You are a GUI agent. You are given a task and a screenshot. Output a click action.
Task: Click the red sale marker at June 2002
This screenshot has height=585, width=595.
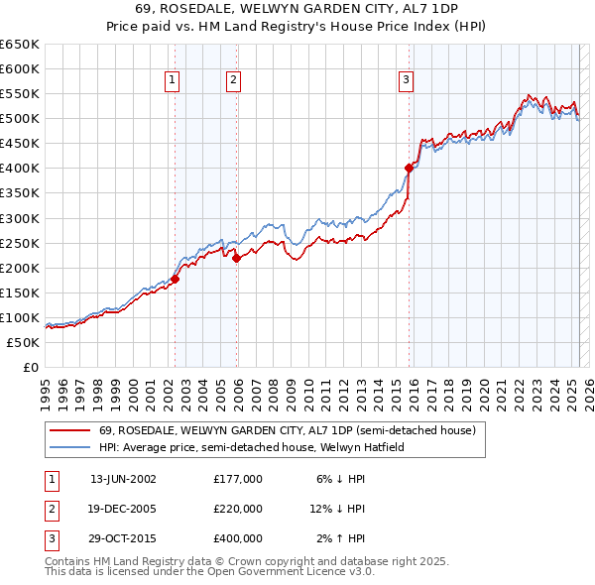pyautogui.click(x=175, y=279)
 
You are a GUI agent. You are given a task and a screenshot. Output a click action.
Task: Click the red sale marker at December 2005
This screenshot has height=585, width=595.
pyautogui.click(x=236, y=258)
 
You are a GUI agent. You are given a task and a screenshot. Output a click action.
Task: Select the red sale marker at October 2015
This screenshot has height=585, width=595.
pyautogui.click(x=409, y=168)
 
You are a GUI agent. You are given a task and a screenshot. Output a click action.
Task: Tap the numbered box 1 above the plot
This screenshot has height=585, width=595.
pyautogui.click(x=173, y=80)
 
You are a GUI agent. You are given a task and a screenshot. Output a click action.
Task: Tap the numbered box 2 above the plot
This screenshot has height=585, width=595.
pyautogui.click(x=233, y=80)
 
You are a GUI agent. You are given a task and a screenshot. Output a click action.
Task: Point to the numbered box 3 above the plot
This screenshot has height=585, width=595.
pyautogui.click(x=407, y=80)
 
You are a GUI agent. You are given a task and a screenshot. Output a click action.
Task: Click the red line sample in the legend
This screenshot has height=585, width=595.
pyautogui.click(x=69, y=431)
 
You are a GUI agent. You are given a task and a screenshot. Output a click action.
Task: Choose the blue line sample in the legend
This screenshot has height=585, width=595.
pyautogui.click(x=69, y=447)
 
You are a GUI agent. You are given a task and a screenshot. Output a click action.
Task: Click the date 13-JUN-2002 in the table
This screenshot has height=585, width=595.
pyautogui.click(x=123, y=479)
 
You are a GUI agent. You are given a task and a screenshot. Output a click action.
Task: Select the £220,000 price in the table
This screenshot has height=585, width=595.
pyautogui.click(x=238, y=509)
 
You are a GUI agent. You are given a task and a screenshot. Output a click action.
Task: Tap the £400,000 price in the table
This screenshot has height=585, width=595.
pyautogui.click(x=238, y=538)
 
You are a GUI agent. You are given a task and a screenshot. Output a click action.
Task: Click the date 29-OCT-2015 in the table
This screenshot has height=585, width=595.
pyautogui.click(x=123, y=538)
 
